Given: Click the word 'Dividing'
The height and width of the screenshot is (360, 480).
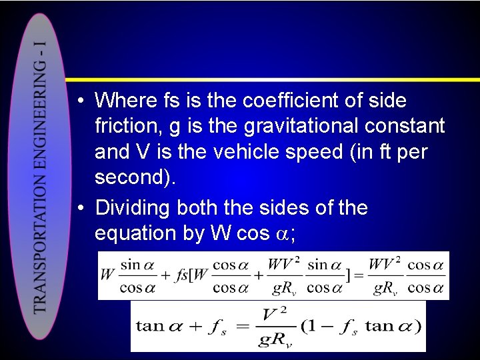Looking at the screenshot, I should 133,208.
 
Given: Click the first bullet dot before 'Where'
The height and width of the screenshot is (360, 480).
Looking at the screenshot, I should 80,101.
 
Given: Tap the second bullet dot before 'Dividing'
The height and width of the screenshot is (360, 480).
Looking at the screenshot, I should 80,208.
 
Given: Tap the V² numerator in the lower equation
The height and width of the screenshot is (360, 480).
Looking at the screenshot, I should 274,314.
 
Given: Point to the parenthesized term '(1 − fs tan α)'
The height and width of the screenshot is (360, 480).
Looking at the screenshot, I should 361,327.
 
